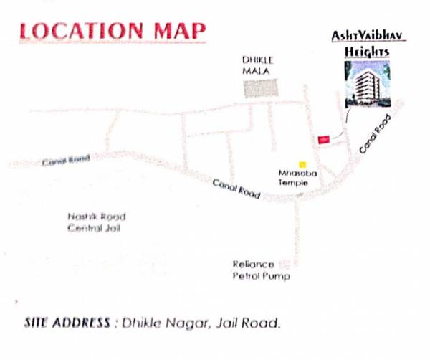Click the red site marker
[x=323, y=138]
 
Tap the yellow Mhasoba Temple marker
[x=303, y=164]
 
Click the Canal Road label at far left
[x=66, y=161]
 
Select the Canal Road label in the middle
[x=236, y=189]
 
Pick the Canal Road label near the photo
[x=376, y=133]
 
